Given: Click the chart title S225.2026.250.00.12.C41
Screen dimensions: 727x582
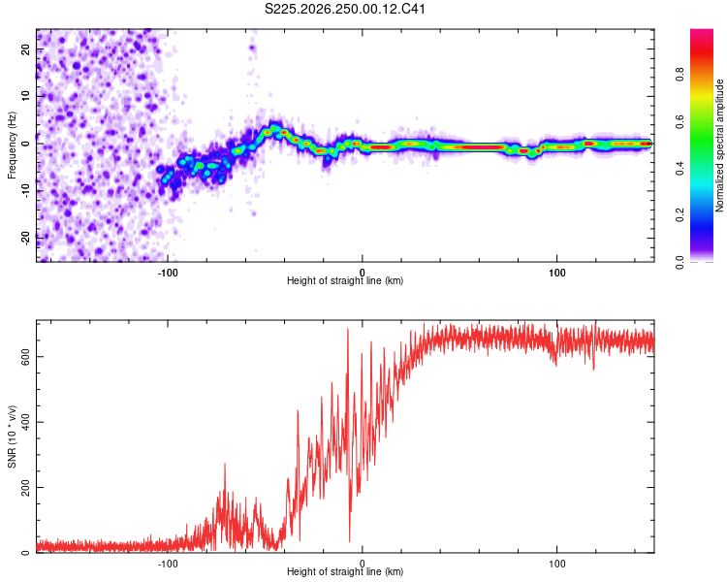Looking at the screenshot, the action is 344,9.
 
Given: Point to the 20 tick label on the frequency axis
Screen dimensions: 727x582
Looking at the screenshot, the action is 25,48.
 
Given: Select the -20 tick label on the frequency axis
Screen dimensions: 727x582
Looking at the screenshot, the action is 25,239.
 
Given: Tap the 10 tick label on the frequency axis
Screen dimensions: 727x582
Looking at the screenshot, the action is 25,96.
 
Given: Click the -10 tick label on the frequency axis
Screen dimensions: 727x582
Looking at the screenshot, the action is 25,191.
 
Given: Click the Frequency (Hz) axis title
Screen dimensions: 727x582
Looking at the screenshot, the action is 12,145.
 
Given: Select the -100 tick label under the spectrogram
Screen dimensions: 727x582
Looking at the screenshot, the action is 168,273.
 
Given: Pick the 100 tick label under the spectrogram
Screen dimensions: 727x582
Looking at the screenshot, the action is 556,273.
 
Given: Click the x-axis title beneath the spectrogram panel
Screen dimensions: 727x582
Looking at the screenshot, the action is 345,280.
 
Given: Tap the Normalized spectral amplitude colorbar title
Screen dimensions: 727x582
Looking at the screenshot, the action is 719,145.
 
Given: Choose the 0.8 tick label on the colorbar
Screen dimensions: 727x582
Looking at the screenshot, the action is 680,75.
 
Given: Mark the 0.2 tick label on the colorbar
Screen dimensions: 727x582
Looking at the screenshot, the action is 680,215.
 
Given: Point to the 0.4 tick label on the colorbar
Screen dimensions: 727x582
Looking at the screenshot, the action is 680,168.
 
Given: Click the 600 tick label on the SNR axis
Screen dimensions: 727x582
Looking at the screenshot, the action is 25,356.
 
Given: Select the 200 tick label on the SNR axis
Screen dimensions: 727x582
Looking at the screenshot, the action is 25,487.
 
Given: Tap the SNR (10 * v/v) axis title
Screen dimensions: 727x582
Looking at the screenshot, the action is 12,436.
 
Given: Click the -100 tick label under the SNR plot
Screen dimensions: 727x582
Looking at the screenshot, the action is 168,564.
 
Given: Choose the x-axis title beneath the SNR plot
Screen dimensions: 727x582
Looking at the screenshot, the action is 345,571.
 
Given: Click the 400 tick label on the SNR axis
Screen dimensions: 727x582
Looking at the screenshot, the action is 25,422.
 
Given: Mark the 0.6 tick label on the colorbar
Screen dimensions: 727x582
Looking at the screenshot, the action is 680,121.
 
